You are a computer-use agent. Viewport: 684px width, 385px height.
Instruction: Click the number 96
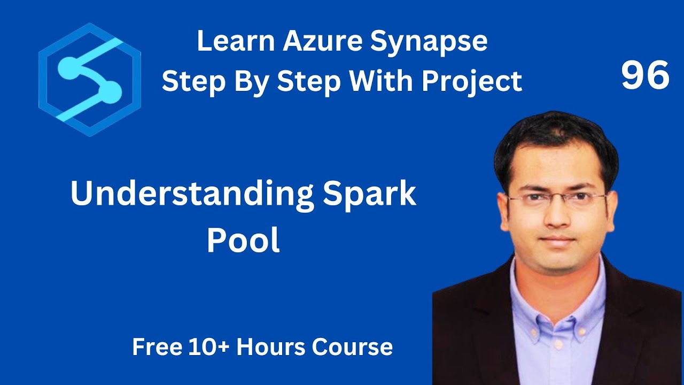tap(645, 75)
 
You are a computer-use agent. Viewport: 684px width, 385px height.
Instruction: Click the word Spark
tap(369, 194)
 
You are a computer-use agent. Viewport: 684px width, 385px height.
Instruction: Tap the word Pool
tap(243, 241)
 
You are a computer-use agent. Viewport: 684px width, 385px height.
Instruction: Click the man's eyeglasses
tap(556, 199)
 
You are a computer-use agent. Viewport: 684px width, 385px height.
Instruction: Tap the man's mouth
tap(557, 239)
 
